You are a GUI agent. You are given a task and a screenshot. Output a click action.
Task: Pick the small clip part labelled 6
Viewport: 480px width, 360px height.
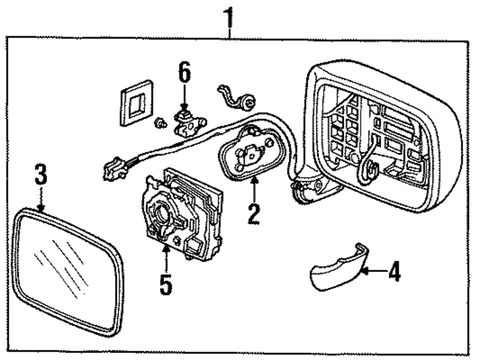[x=187, y=124]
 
